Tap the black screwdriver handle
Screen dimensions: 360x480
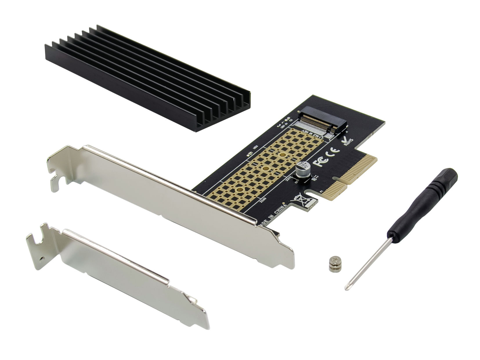[424, 203]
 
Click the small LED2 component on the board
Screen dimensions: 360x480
[249, 155]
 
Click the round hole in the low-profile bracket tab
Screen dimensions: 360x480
[43, 257]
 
